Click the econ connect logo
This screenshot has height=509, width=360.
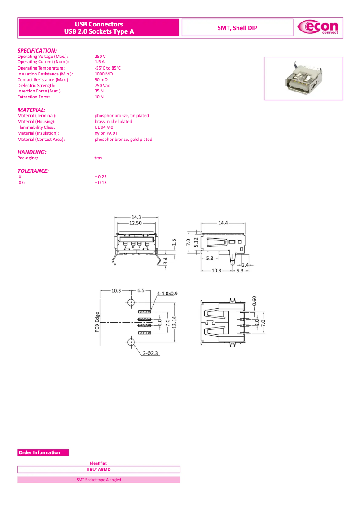coord(318,28)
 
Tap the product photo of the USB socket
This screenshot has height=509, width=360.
coord(303,78)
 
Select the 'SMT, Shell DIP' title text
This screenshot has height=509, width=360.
coord(237,28)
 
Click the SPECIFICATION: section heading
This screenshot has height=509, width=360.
coord(37,50)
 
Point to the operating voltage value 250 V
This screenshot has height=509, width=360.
coord(100,57)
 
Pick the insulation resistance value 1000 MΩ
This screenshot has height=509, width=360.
coord(104,74)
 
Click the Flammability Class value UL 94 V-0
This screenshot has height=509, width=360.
coord(104,127)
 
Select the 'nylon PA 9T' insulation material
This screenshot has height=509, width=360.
coord(106,133)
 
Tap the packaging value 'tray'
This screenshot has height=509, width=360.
coord(98,158)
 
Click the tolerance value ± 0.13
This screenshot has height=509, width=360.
coord(101,183)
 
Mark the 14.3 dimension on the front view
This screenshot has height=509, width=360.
coord(136,217)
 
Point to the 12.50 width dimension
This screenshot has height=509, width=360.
coord(136,223)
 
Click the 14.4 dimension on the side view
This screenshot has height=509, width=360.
coord(223,223)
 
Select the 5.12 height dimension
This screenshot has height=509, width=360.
coord(196,242)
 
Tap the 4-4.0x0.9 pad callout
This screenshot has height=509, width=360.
coord(167,294)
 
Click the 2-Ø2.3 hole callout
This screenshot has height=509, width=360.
coord(151,354)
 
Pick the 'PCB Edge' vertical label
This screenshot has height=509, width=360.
coord(97,322)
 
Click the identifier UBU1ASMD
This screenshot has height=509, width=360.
coord(98,470)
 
